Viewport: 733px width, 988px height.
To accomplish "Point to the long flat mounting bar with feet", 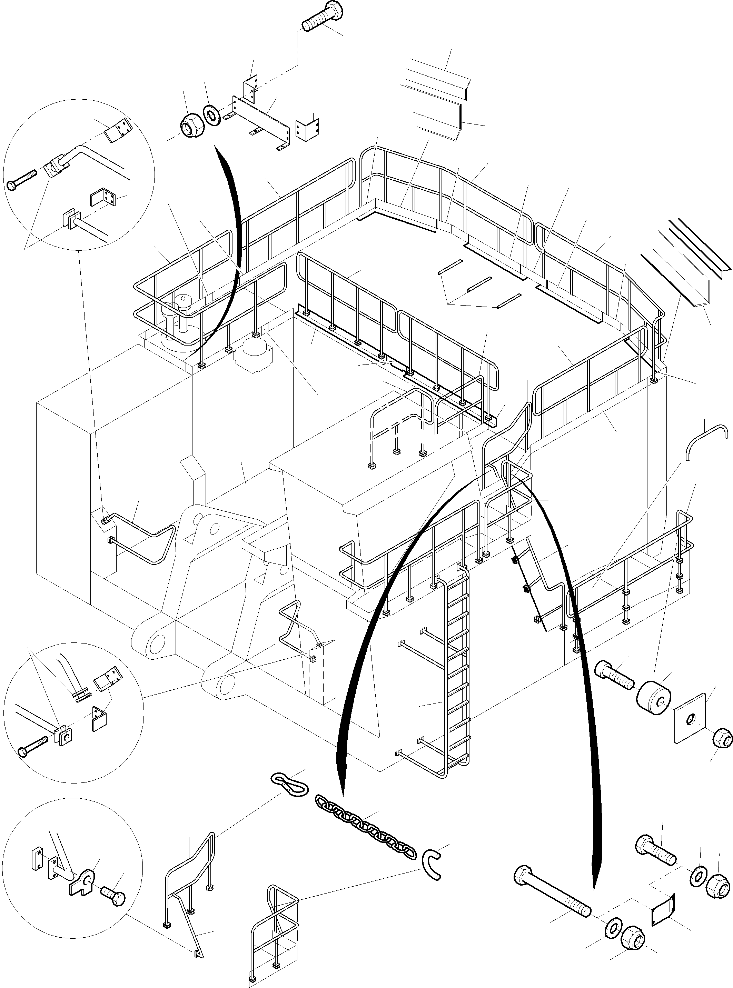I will click(x=259, y=119).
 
